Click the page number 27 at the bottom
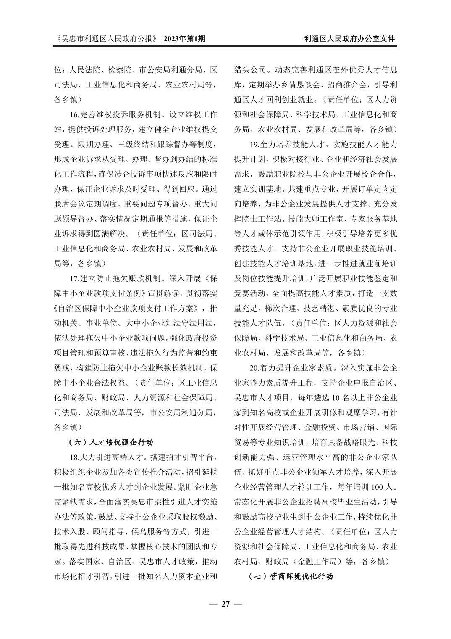225,604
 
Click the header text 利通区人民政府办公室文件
349,39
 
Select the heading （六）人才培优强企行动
110,442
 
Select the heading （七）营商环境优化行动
291,576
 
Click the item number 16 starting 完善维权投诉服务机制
74,114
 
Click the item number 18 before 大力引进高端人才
74,457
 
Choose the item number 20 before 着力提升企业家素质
254,368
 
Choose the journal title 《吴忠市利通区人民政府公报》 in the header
106,39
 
